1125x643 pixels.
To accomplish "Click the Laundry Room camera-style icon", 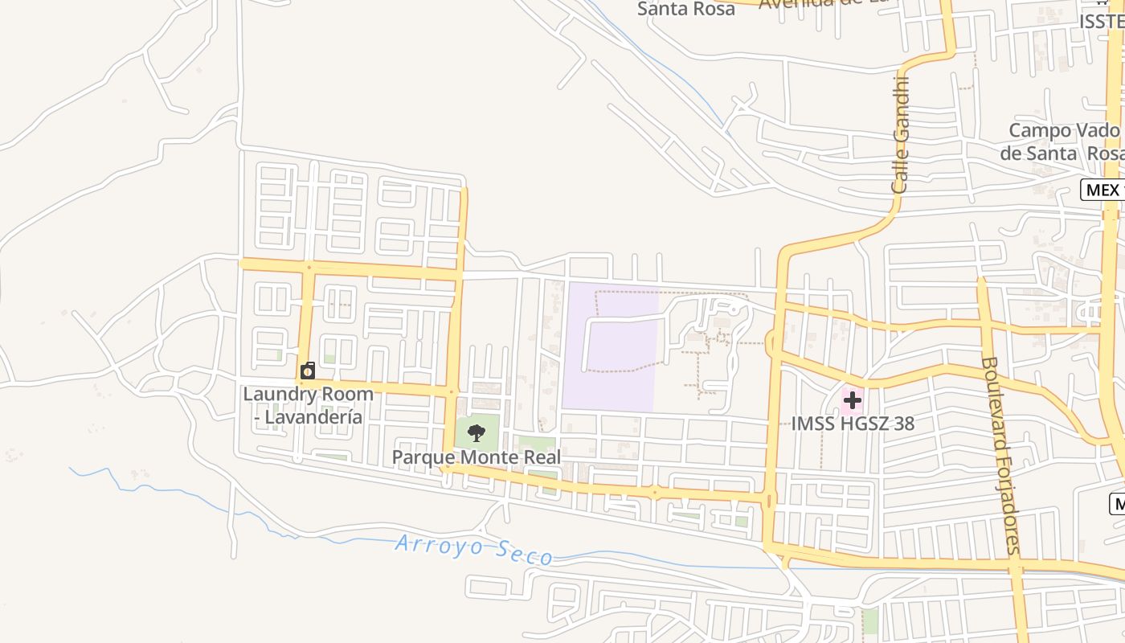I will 308,371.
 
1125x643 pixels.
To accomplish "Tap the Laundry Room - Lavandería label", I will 309,406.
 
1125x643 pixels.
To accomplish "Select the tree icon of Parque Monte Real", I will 477,434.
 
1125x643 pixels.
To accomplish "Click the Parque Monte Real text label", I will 476,457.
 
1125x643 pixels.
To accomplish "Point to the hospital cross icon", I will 852,399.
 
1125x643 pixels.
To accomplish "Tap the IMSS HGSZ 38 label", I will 853,424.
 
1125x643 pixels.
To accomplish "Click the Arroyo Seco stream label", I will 474,551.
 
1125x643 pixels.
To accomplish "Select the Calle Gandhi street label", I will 901,133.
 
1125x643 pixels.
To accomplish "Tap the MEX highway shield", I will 1102,190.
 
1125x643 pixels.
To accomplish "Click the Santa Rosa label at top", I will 685,9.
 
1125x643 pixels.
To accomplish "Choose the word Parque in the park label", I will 421,457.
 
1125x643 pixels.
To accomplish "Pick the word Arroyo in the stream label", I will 438,547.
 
